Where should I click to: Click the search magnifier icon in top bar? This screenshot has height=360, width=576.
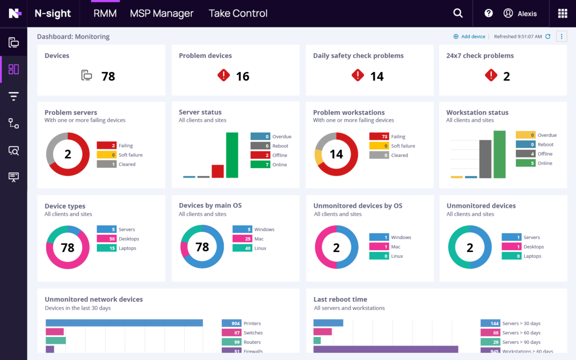click(458, 13)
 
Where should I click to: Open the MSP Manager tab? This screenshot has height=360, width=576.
click(161, 13)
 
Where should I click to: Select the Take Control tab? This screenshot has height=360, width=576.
click(238, 13)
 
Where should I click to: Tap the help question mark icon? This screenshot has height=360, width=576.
click(489, 13)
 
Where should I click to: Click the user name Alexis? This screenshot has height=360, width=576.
click(527, 14)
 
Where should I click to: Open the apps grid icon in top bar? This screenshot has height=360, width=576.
click(563, 13)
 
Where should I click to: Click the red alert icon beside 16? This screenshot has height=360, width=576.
click(224, 75)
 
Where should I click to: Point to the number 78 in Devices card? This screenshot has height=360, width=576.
click(108, 76)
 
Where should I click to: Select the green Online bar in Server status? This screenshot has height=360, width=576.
click(232, 155)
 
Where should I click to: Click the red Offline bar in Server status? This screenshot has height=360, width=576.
click(217, 171)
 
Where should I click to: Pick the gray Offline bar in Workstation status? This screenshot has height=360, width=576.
click(485, 159)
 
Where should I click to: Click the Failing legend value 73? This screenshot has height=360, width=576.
click(379, 136)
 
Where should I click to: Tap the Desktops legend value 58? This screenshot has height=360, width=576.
click(107, 239)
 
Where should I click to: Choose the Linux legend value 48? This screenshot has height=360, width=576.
click(242, 248)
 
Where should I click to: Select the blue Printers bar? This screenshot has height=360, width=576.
click(124, 323)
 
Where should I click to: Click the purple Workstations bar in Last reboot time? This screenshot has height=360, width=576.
click(385, 350)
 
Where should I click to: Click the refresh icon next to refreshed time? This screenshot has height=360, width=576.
click(548, 36)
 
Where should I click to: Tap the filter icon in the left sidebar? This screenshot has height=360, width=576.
click(13, 96)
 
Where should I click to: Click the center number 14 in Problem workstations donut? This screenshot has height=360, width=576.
click(336, 154)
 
